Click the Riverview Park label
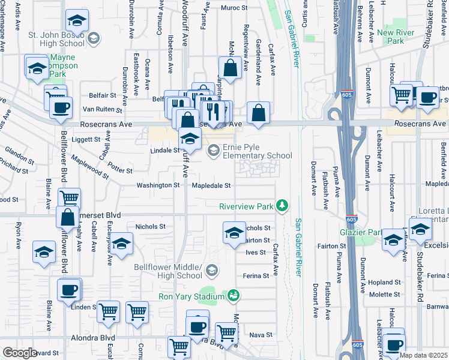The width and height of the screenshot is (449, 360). click(246, 206)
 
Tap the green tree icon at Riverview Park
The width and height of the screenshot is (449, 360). click(282, 206)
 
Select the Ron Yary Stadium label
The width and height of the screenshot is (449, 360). click(191, 296)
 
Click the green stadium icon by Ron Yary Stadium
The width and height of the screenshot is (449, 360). click(234, 295)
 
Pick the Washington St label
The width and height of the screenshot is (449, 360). click(158, 185)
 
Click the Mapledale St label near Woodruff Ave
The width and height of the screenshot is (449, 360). click(211, 185)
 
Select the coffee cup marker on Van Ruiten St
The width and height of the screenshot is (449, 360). click(59, 108)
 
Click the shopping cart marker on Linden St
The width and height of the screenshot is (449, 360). click(108, 311)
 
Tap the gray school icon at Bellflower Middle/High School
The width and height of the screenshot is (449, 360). click(211, 271)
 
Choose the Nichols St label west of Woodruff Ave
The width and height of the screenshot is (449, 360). click(150, 227)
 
